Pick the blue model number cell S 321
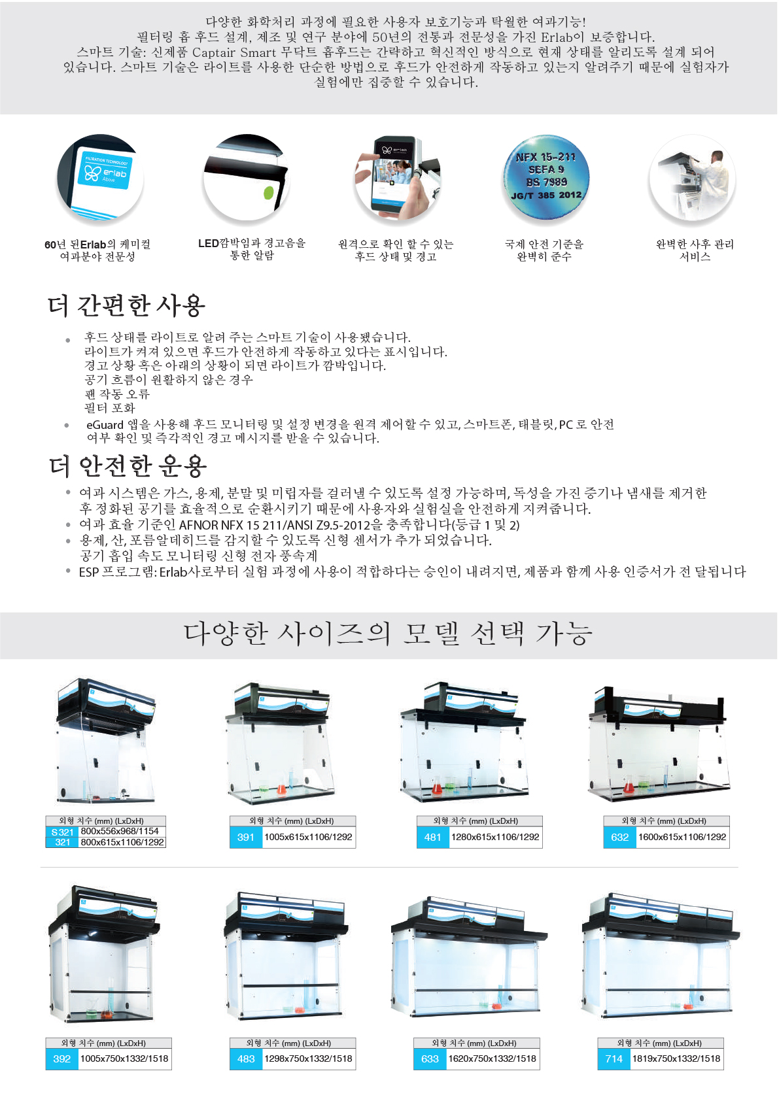tap(62, 832)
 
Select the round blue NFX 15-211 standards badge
tap(546, 177)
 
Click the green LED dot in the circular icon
tap(269, 193)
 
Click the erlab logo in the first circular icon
tap(105, 173)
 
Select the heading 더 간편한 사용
tap(126, 305)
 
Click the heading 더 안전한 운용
tap(128, 466)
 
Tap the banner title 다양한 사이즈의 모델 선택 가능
tap(387, 634)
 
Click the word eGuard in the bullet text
tap(105, 425)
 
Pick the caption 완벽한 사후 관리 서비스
tap(695, 250)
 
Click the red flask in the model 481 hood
tap(437, 787)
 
